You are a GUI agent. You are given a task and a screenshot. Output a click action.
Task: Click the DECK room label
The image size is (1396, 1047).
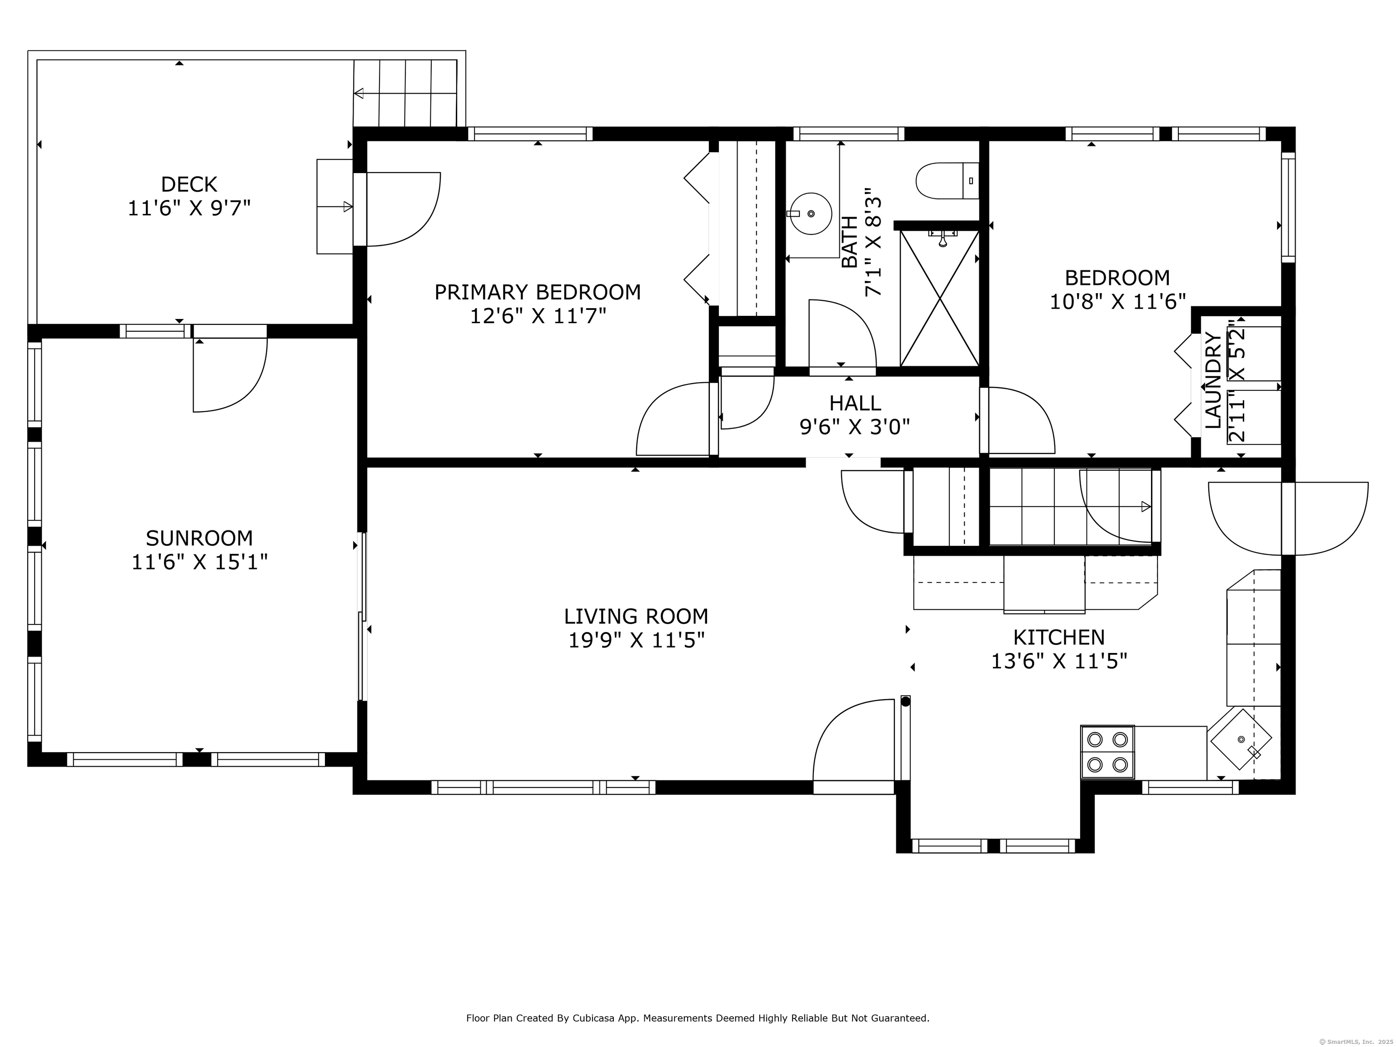(189, 184)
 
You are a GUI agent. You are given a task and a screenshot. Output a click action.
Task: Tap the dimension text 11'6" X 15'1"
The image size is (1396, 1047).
(199, 562)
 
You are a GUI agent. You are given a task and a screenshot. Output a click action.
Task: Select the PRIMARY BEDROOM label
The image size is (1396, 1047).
(538, 292)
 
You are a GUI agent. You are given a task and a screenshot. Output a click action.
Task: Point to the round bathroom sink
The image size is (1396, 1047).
(810, 213)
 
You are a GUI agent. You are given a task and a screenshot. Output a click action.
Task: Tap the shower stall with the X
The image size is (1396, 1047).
(940, 298)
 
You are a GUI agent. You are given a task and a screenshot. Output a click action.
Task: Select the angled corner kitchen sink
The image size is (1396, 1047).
(1240, 739)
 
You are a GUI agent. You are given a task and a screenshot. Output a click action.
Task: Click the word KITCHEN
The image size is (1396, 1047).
(1059, 637)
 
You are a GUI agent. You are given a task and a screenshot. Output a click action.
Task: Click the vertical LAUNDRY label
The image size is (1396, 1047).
(1213, 380)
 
